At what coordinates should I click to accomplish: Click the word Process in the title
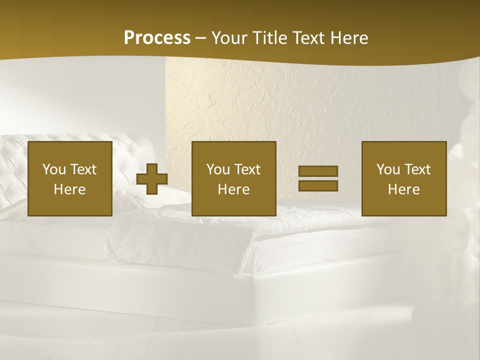pos(157,38)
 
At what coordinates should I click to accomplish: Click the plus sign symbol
pos(152,179)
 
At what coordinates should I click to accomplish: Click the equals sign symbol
pos(318,178)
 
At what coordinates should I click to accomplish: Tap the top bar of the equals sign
pos(318,171)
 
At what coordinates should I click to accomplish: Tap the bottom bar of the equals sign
pos(318,186)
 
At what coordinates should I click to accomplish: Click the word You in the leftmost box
pos(54,169)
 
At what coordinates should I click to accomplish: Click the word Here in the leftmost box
pos(70,189)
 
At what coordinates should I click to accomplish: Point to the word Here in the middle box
pos(234,189)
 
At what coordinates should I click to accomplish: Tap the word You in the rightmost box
pos(388,169)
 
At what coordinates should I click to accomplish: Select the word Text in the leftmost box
pos(83,169)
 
